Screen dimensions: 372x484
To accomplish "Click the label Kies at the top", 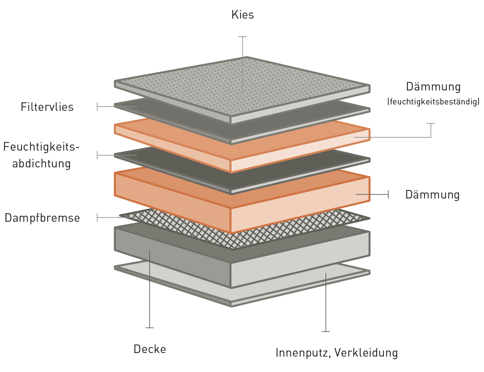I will pyautogui.click(x=243, y=15).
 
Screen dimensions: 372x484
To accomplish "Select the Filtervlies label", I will pyautogui.click(x=47, y=107).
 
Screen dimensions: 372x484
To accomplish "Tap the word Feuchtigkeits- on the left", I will pyautogui.click(x=41, y=147).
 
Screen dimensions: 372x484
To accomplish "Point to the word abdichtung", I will pyautogui.click(x=41, y=163).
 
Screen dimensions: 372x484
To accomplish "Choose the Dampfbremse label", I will pyautogui.click(x=43, y=218).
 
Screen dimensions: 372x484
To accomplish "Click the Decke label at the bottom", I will pyautogui.click(x=150, y=349).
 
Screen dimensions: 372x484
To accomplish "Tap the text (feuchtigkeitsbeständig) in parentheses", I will pyautogui.click(x=433, y=102).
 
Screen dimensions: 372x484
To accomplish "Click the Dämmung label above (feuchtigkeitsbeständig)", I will pyautogui.click(x=433, y=87).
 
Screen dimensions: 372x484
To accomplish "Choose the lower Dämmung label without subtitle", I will pyautogui.click(x=432, y=195).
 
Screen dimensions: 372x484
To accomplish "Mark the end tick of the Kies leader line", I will pyautogui.click(x=243, y=36).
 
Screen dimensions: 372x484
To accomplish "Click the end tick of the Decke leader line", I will pyautogui.click(x=150, y=327).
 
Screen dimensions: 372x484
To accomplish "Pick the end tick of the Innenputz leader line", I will pyautogui.click(x=326, y=331).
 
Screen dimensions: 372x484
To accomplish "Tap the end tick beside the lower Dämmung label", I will pyautogui.click(x=388, y=194).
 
